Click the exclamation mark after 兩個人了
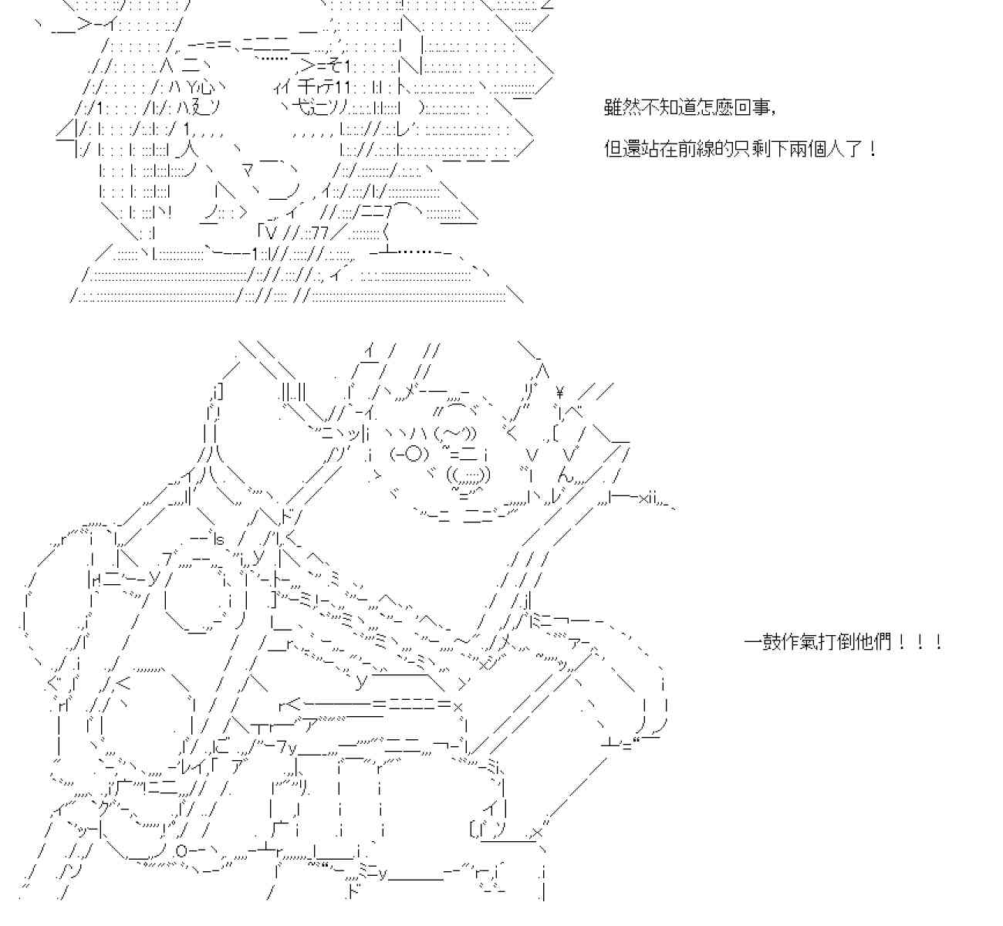tap(872, 149)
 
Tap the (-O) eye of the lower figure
tap(407, 455)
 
